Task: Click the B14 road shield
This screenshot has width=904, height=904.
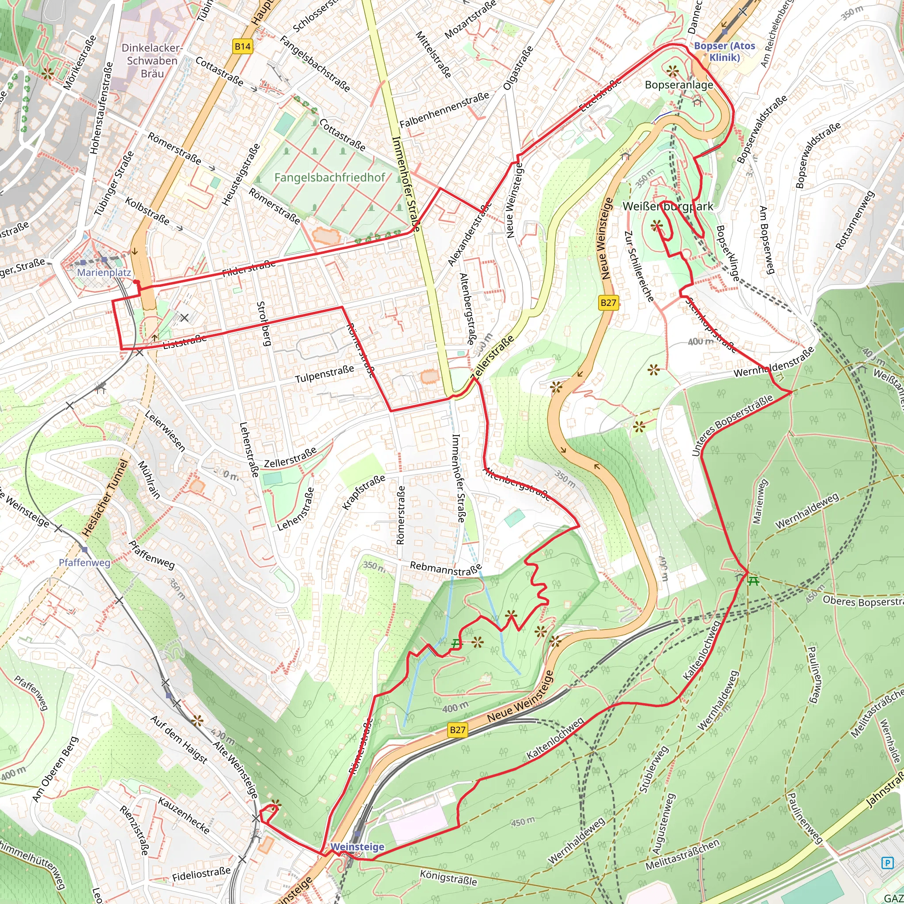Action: pyautogui.click(x=242, y=46)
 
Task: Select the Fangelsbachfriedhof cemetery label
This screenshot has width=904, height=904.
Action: pyautogui.click(x=330, y=177)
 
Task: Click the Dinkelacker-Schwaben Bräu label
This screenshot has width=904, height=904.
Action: pyautogui.click(x=152, y=61)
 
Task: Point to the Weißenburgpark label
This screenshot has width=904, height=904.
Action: pyautogui.click(x=668, y=206)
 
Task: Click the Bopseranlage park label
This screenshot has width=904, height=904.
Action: pyautogui.click(x=678, y=85)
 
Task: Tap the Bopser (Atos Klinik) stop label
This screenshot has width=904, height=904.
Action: pyautogui.click(x=724, y=52)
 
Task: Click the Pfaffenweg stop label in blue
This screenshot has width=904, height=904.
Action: pyautogui.click(x=85, y=563)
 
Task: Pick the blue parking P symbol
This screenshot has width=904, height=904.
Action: pyautogui.click(x=887, y=863)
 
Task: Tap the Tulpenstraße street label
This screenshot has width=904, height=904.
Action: pyautogui.click(x=324, y=374)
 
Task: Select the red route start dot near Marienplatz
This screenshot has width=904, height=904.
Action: pyautogui.click(x=135, y=282)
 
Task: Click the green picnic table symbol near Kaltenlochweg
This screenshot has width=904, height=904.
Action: pyautogui.click(x=753, y=581)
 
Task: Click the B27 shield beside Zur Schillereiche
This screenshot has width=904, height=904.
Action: pyautogui.click(x=608, y=303)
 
